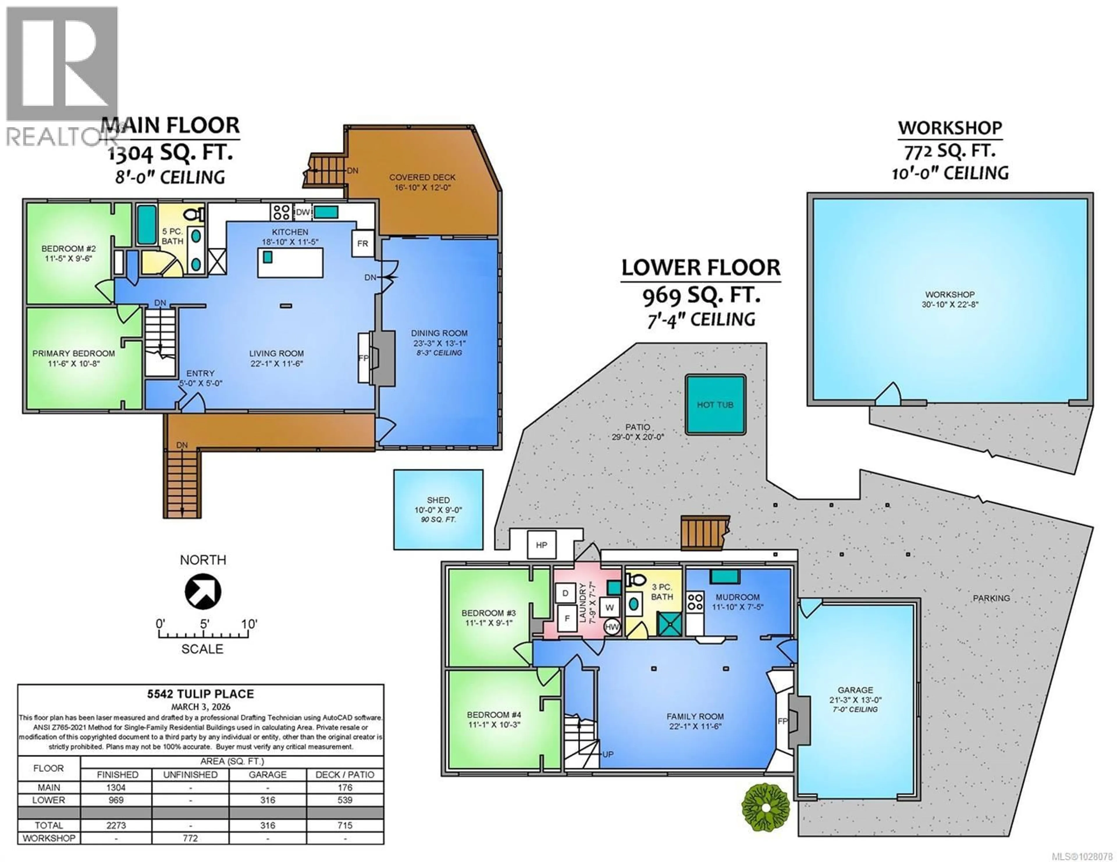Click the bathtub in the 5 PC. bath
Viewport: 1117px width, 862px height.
147,225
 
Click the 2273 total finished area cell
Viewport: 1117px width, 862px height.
116,825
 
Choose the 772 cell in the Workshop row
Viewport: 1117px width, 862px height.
190,838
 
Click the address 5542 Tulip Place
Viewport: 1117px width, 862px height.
200,694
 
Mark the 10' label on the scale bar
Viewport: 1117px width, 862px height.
249,624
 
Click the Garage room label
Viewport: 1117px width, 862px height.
855,690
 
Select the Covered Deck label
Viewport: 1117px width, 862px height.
422,177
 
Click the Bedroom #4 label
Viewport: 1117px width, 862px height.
494,715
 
